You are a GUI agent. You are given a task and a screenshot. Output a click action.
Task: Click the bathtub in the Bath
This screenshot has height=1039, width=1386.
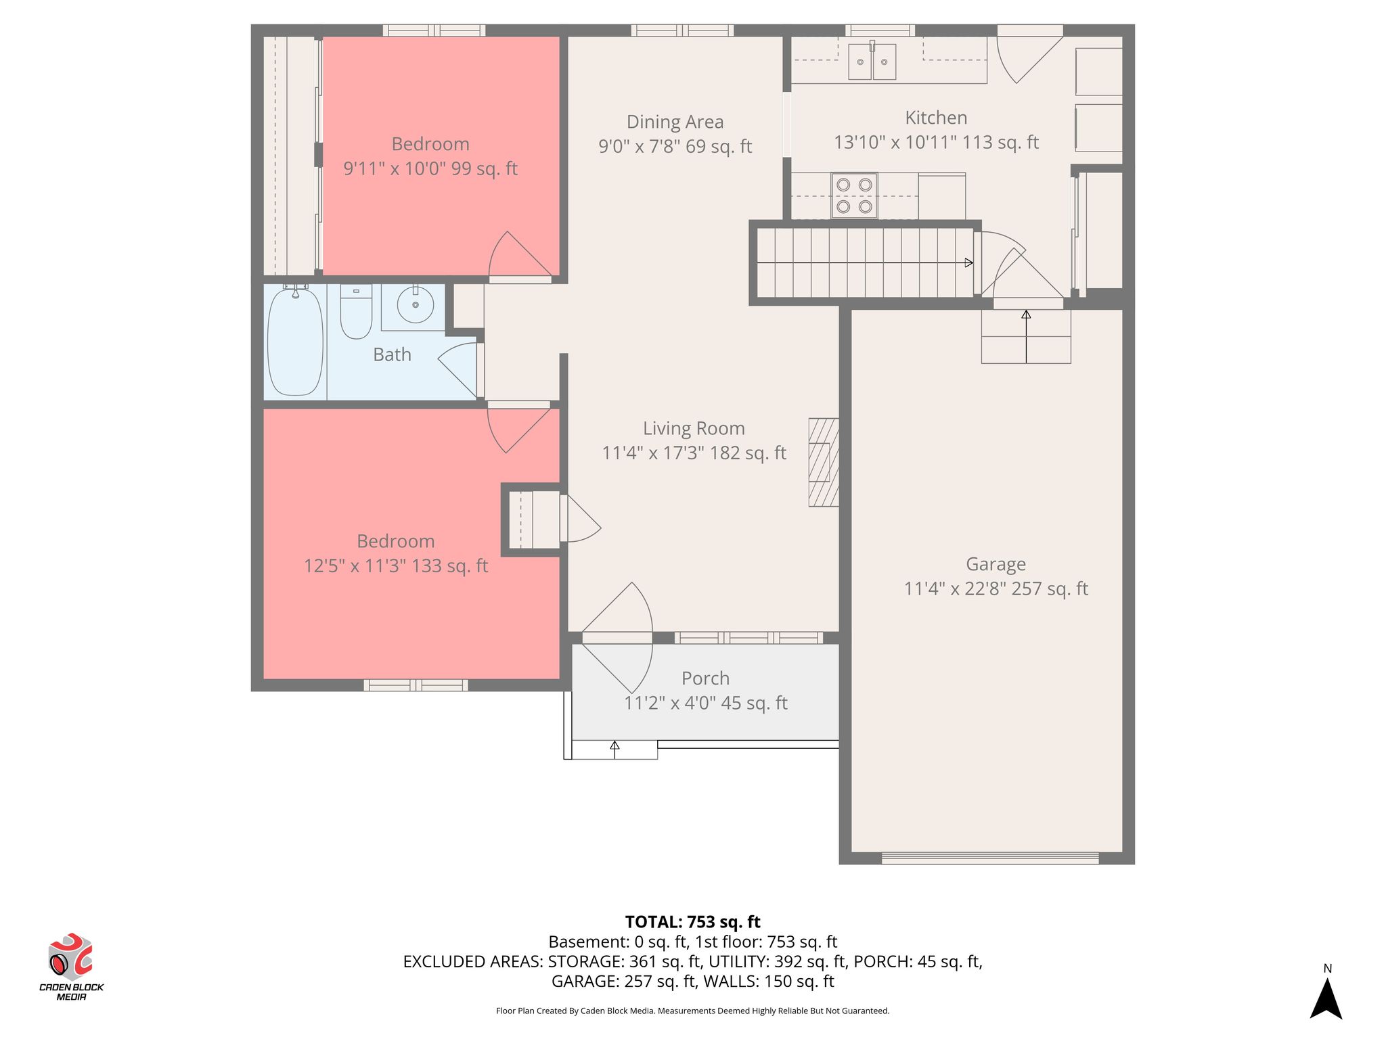tap(295, 342)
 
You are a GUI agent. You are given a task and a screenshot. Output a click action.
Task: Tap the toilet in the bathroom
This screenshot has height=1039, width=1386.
tap(356, 312)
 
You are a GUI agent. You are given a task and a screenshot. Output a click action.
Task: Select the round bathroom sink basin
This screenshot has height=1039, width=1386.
tap(415, 306)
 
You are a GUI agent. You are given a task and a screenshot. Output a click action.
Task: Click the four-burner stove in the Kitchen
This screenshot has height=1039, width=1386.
tap(854, 195)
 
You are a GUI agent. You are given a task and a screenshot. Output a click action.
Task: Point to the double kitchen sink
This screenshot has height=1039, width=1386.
tap(872, 62)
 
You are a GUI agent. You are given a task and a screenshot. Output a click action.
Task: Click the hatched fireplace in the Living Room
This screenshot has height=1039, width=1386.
tap(824, 462)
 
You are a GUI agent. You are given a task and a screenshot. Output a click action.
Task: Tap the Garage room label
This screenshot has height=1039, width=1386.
tap(996, 564)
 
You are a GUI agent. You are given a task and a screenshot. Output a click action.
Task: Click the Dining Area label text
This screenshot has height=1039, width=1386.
tap(675, 122)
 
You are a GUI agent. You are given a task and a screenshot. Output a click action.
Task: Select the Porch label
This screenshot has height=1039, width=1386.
tap(705, 678)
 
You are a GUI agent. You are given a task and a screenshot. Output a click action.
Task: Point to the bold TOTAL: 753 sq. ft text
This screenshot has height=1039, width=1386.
tap(692, 922)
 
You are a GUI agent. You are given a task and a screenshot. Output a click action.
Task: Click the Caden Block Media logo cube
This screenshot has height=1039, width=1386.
tap(70, 956)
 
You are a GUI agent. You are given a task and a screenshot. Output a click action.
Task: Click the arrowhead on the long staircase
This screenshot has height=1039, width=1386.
tap(969, 262)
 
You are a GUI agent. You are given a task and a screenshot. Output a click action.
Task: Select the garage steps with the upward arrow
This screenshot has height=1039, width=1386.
tap(1026, 336)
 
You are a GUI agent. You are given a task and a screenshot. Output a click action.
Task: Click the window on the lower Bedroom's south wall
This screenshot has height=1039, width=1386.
tap(416, 685)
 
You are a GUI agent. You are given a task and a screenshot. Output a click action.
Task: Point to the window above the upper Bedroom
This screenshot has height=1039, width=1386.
tap(434, 30)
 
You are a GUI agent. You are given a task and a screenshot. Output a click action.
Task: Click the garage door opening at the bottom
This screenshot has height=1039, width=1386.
tap(990, 858)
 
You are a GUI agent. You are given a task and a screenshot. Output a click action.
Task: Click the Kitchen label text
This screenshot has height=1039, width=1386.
tap(936, 118)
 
